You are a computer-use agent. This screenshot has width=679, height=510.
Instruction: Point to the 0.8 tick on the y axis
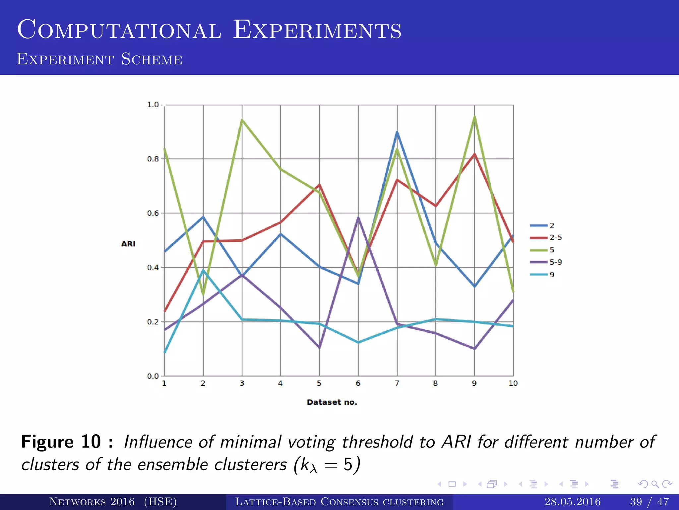(x=153, y=159)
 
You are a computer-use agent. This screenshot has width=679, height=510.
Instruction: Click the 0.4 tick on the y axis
(x=153, y=267)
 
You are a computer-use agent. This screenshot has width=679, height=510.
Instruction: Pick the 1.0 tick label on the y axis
(x=153, y=105)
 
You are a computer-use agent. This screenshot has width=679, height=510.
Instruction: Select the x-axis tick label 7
(x=397, y=383)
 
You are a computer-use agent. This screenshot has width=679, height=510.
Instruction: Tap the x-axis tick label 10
(x=513, y=383)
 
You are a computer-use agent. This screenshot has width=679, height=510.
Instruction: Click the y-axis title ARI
(x=128, y=244)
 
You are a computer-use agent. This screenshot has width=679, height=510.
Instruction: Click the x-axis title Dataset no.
(x=332, y=402)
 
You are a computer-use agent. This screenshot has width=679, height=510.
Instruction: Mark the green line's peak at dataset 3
(x=242, y=120)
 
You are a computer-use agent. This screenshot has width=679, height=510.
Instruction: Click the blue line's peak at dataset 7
(x=397, y=132)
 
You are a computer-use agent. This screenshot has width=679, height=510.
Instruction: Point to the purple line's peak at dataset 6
(x=358, y=217)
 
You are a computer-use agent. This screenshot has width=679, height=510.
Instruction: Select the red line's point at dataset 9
(x=474, y=154)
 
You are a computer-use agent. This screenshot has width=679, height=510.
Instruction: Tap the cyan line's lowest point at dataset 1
(x=165, y=352)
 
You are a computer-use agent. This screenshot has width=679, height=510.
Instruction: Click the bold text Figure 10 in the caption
(x=61, y=442)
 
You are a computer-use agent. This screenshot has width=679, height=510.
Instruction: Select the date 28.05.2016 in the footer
(x=572, y=501)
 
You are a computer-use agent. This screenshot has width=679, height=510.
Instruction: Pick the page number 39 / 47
(x=649, y=501)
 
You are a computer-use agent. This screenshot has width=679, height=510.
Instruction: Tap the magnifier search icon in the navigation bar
(x=655, y=484)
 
